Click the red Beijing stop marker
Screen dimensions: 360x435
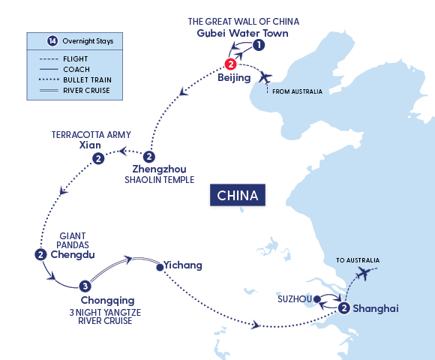231,64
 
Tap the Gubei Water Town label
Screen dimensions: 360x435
241,34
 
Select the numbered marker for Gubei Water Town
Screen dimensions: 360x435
259,46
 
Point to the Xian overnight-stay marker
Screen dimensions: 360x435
97,159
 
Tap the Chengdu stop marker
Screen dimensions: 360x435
40,255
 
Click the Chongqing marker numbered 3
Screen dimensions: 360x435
85,286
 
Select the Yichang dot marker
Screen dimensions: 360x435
158,265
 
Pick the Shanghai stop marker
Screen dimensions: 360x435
343,307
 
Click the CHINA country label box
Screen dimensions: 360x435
238,196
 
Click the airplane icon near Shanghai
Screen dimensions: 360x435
365,274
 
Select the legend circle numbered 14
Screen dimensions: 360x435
41,40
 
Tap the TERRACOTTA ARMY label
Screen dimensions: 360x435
91,135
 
